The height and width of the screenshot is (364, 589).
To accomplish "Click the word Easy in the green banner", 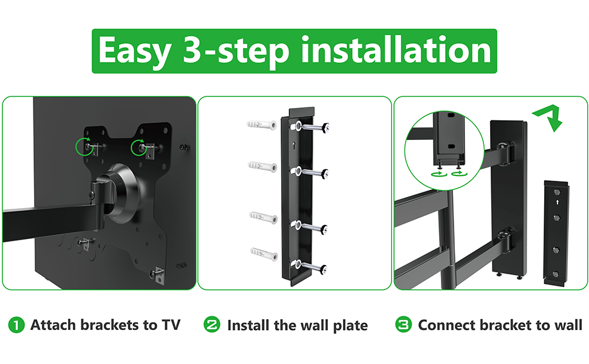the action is pos(135,51).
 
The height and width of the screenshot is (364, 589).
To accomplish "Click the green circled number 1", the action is pos(16,325).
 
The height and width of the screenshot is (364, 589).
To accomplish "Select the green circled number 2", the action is pos(212,325).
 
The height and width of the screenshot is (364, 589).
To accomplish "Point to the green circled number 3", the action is pos(403,325).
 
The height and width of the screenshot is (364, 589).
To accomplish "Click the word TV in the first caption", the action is pos(171,325).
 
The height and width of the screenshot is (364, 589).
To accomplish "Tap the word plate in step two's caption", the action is pos(350,326).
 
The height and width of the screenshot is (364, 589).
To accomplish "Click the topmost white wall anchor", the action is pos(262,124).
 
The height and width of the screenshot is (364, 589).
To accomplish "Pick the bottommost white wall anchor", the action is pos(264,255).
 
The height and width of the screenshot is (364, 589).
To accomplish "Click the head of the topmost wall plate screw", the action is pos(326,127).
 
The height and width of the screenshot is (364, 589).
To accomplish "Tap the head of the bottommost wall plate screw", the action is pos(323,269).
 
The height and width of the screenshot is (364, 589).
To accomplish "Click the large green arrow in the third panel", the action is pos(548,116).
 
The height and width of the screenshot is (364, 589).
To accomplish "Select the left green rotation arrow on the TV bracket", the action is pos(85,147).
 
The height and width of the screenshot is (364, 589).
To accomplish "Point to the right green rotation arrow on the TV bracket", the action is pos(140,147).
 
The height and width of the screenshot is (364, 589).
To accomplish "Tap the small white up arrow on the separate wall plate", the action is pos(557,202).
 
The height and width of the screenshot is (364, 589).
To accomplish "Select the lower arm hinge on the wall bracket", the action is pos(506,240).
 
